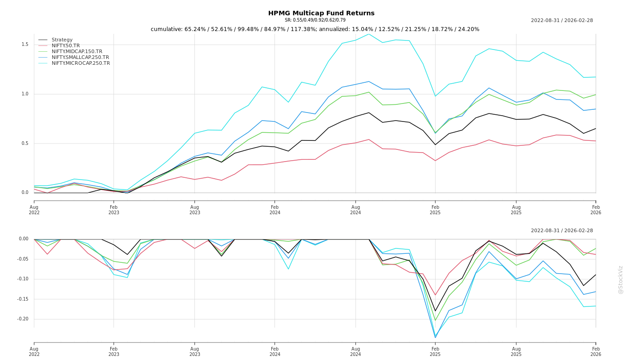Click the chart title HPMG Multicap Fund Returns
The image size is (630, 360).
click(321, 13)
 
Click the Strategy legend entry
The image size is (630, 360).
click(62, 40)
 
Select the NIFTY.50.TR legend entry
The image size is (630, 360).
click(66, 46)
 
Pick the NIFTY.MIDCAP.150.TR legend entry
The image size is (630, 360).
click(77, 52)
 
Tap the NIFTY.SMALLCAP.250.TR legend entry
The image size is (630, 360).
click(80, 58)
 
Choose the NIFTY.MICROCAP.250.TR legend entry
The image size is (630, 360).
click(81, 63)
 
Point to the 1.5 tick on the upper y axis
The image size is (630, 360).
click(25, 45)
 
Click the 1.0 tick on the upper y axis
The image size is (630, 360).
click(25, 94)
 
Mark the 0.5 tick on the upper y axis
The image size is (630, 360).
click(25, 144)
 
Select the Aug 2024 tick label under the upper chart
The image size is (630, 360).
click(355, 210)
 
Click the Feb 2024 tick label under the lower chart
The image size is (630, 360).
click(274, 351)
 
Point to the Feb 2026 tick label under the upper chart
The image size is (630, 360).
click(596, 210)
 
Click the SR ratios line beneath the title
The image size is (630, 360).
click(315, 20)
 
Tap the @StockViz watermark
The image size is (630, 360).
click(621, 279)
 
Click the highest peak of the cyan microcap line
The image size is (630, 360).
click(369, 34)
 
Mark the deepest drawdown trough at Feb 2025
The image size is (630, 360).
click(435, 337)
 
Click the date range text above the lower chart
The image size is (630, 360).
click(562, 231)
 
